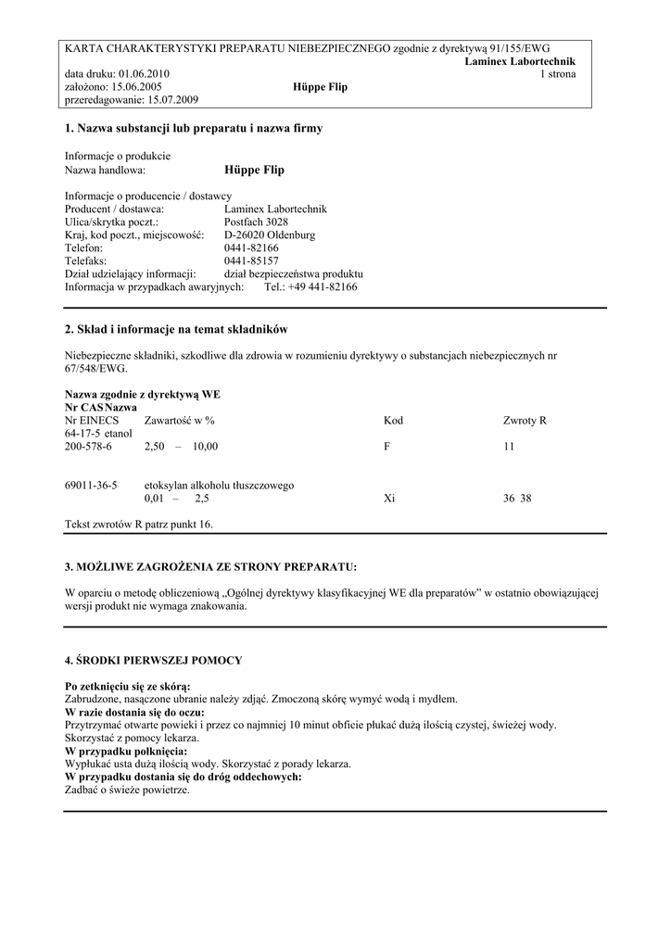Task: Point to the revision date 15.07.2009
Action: coord(174,100)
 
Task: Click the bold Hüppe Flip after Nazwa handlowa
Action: coord(254,171)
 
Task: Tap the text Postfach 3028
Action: coord(256,222)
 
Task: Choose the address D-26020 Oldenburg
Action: coord(270,235)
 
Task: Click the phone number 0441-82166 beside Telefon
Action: coord(251,248)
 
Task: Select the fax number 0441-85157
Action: coord(251,261)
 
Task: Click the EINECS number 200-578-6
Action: coord(88,447)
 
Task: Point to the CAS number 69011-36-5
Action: coord(91,486)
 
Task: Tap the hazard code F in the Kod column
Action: coord(386,447)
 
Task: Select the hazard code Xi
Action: coord(389,499)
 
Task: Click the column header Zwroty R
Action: coord(525,421)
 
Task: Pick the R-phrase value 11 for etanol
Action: coord(509,447)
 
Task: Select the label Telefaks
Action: coord(85,261)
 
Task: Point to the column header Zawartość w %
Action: coord(180,421)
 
